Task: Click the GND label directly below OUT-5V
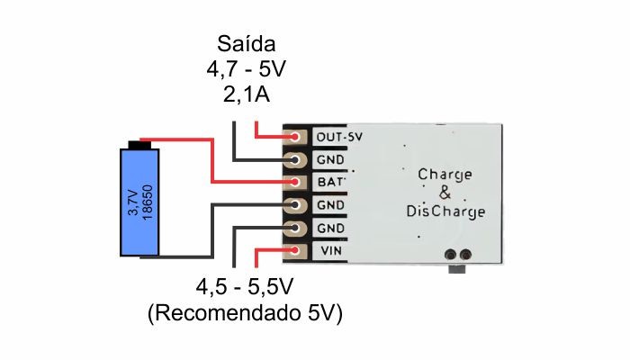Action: coord(329,160)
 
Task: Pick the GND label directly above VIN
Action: coord(329,229)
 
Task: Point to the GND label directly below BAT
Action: coord(329,205)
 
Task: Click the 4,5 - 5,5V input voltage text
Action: coord(245,288)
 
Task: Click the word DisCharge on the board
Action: coord(445,211)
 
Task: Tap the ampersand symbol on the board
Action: coord(444,193)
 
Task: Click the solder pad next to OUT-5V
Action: coord(294,137)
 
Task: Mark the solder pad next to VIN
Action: coord(294,251)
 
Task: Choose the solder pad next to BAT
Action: coord(294,183)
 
